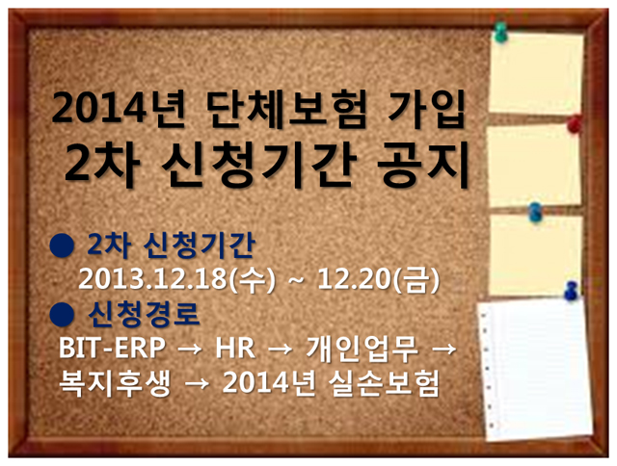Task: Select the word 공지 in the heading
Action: coord(423,165)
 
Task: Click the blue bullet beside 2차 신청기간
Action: coord(62,246)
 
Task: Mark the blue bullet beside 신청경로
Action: coord(62,315)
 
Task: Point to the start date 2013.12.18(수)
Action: coord(176,280)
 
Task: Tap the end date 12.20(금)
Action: coord(378,280)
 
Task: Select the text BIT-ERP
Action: coord(112,348)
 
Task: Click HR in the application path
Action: coord(235,348)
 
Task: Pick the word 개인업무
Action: coord(362,349)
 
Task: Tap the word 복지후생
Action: coord(115,382)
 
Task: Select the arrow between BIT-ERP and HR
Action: coord(191,349)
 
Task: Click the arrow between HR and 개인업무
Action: coord(281,349)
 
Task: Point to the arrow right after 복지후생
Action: coord(197,383)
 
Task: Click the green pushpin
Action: coord(500,32)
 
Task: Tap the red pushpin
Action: coord(575,123)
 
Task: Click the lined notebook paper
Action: coord(535,370)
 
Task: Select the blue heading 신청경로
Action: coord(144,315)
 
